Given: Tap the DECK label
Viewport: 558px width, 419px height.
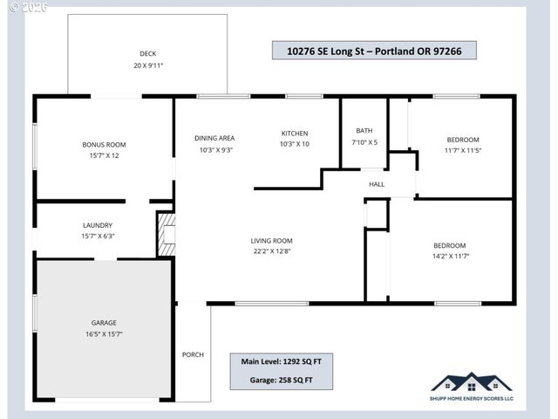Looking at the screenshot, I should pos(147,53).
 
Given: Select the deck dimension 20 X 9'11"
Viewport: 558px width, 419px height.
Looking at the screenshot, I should pos(147,65).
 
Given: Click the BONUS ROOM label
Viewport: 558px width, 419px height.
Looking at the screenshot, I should pos(104,144).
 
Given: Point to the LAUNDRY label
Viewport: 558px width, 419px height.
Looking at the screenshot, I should pos(98,224).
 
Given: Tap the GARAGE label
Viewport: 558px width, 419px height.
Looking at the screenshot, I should pos(104,322).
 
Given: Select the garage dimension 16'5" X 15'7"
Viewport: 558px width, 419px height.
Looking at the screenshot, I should pos(104,334).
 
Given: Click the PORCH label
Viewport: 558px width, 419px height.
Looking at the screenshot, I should pos(193,354).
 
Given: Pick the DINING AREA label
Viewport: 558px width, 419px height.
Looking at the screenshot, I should pos(214,138).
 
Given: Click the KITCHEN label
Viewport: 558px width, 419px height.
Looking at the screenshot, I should pos(295,133).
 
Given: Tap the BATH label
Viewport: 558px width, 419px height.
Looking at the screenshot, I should pos(364,130).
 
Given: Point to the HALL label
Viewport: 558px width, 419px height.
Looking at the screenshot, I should pos(377,184).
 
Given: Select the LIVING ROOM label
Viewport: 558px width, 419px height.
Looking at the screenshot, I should pos(271,241).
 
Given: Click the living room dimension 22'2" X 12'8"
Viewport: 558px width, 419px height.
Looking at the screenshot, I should pos(271,252).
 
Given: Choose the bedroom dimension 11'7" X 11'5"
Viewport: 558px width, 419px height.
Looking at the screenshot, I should pos(463,151).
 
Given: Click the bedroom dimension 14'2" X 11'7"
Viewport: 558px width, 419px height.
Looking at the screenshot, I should pos(450,257).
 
